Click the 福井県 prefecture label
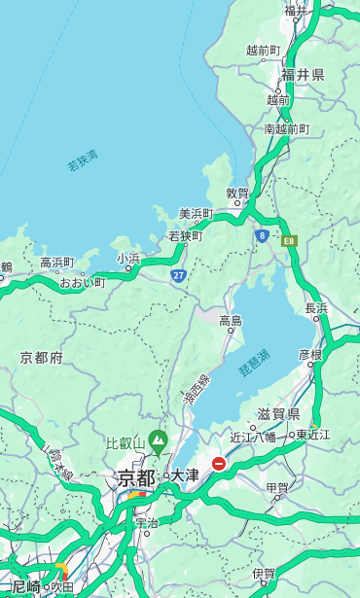coord(304,75)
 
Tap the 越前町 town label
coord(263,50)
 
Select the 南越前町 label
coord(286,128)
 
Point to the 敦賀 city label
coord(237,193)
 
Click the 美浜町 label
coord(196,214)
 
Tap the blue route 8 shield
coord(262,235)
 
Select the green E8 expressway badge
coord(288,240)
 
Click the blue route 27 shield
coord(178,276)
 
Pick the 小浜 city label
coord(128,259)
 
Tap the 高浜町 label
coord(56,263)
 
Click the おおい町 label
coord(82,282)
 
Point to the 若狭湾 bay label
coord(83,159)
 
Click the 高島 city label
coord(231,320)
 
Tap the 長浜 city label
coord(316,308)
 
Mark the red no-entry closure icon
coord(219,465)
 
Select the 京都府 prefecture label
coord(42,358)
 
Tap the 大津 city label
coord(185,475)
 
